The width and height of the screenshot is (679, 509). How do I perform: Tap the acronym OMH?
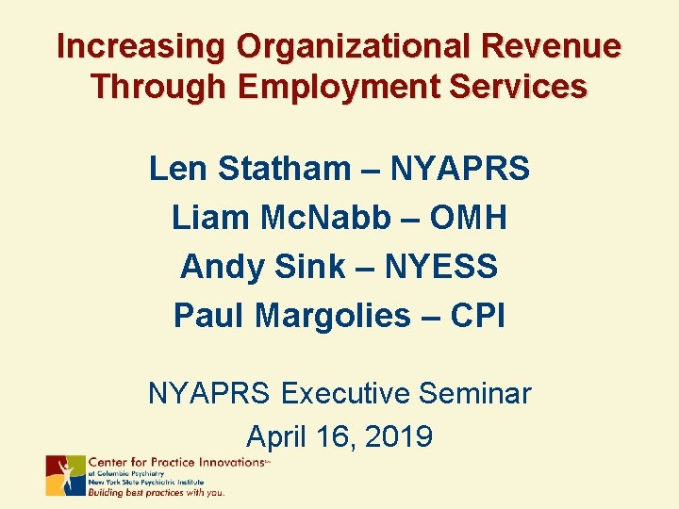[x=468, y=219]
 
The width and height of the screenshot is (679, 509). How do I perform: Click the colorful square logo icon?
[x=65, y=476]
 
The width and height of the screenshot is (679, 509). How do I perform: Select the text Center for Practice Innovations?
[x=175, y=462]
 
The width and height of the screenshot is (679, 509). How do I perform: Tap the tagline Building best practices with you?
[x=157, y=492]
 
